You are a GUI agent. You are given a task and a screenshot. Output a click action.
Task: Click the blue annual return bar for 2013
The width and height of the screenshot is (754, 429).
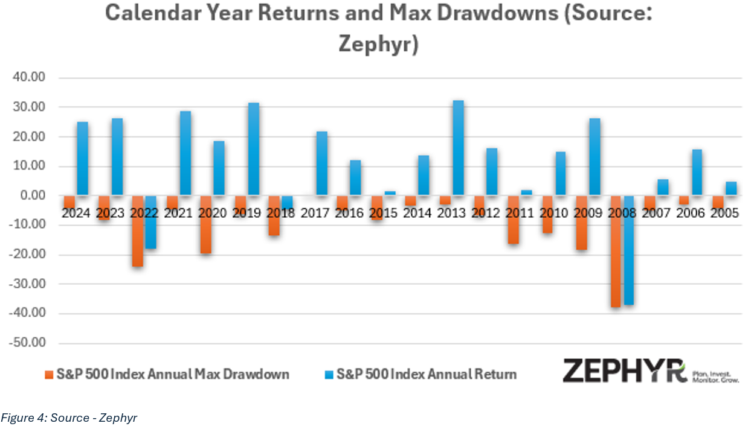pos(459,148)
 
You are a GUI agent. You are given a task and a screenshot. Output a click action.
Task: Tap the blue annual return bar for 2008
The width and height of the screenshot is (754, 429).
pos(629,250)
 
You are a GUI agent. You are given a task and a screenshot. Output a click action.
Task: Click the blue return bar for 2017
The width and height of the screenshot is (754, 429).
pos(322,164)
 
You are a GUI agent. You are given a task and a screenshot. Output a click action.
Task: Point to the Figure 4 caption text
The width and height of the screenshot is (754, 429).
pos(69,417)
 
